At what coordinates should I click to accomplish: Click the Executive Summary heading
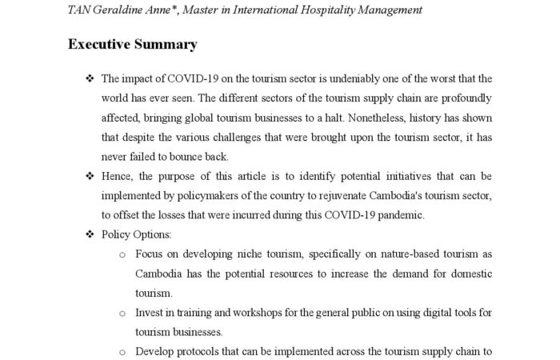132,44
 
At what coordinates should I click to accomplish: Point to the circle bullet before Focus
122,254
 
